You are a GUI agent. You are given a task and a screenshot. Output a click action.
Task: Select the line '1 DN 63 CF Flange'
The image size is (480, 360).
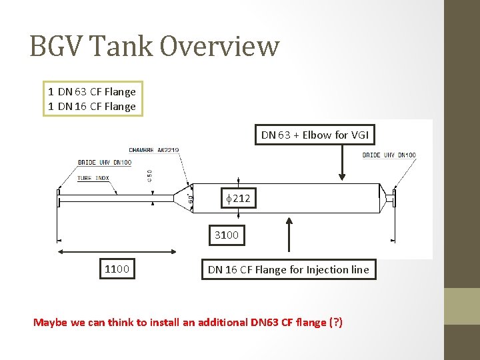click(x=92, y=92)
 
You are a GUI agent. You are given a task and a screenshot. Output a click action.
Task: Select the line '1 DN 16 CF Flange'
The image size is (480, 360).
click(x=92, y=107)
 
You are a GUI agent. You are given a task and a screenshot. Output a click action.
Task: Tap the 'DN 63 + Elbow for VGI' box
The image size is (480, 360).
click(x=315, y=135)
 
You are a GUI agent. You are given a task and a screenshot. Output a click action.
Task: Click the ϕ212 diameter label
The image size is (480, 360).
click(x=239, y=198)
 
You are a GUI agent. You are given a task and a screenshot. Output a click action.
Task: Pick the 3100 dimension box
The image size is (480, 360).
click(x=226, y=235)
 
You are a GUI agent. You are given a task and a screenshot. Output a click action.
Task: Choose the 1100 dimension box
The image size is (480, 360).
click(x=117, y=269)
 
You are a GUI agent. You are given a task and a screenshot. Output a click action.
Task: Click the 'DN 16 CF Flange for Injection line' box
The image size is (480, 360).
click(x=288, y=269)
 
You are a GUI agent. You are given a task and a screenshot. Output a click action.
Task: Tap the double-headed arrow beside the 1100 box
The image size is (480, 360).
click(x=117, y=251)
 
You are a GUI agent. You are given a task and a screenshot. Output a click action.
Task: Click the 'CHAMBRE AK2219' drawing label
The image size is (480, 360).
click(x=153, y=150)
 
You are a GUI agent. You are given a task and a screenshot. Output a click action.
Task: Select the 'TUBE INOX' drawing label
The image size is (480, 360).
click(x=93, y=178)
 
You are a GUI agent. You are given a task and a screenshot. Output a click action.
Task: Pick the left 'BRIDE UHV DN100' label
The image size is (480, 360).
click(x=105, y=163)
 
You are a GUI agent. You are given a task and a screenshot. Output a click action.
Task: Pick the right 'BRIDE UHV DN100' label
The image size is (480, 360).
click(x=389, y=155)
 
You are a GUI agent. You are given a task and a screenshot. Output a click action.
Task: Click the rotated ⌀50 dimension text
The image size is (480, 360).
click(x=150, y=175)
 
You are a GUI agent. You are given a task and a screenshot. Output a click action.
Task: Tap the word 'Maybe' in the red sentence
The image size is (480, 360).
click(x=50, y=323)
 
